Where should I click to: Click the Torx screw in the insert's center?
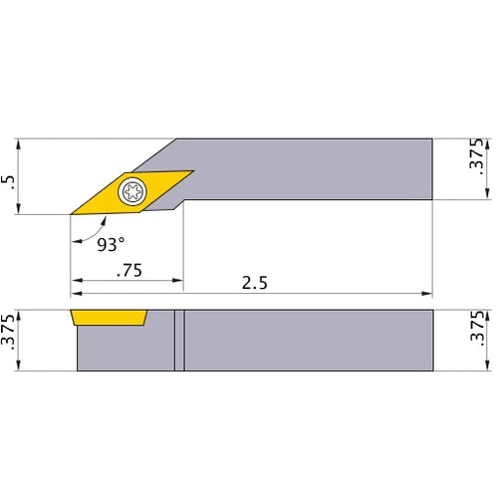point(131,192)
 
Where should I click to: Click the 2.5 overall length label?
point(255,282)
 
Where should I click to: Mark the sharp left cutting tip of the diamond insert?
point(72,213)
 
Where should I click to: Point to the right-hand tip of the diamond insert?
point(191,171)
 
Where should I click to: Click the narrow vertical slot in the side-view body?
point(180,341)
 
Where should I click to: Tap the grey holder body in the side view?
point(299,341)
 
